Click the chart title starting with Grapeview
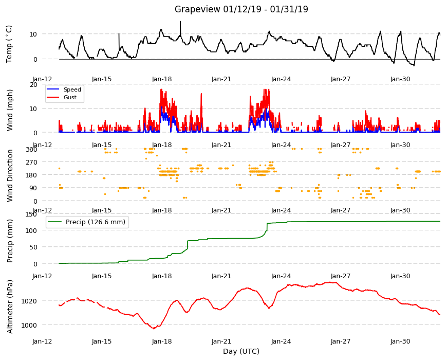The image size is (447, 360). click(x=241, y=9)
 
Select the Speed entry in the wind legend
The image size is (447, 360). click(x=72, y=89)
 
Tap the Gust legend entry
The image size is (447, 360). click(x=70, y=97)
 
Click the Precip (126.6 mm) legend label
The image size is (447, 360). click(x=96, y=222)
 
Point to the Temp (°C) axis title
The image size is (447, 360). click(x=9, y=44)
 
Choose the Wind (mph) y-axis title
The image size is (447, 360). click(x=10, y=110)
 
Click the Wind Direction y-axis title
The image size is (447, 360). click(x=10, y=175)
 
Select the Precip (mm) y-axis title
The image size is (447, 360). click(x=10, y=241)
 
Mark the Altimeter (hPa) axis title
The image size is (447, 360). click(x=10, y=307)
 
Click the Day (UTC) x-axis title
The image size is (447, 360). click(x=241, y=351)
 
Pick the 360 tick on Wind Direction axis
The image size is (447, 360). click(x=31, y=149)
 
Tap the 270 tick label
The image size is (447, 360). click(x=31, y=163)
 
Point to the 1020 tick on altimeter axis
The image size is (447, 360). click(x=29, y=301)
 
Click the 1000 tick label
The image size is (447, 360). click(x=29, y=325)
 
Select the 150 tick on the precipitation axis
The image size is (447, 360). click(x=31, y=214)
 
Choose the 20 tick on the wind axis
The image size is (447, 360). click(x=33, y=85)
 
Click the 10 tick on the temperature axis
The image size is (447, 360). click(x=33, y=34)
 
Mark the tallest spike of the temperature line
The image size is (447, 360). click(x=180, y=22)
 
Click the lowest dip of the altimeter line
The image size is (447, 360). click(x=154, y=329)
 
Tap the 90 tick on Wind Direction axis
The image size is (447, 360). click(x=33, y=188)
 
